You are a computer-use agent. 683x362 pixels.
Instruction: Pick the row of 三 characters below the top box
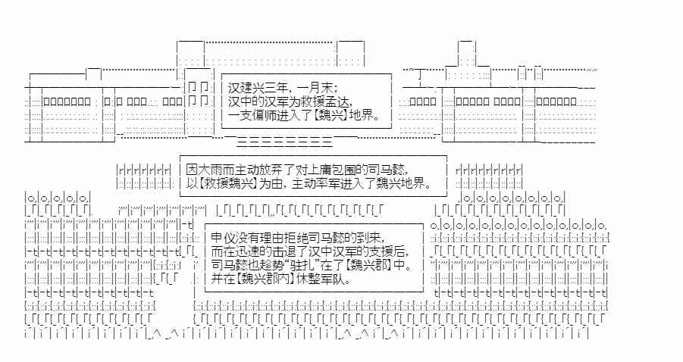[x=284, y=142]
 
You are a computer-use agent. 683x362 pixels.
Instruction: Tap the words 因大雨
[x=203, y=169]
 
